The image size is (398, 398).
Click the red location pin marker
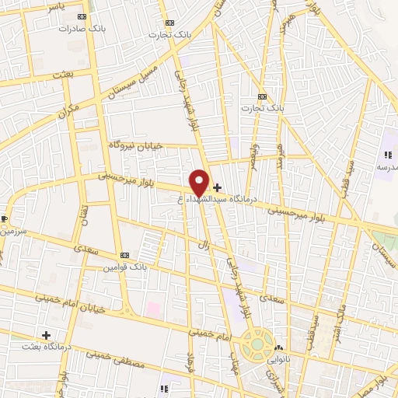[x=199, y=183]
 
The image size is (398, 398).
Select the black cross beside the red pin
[x=217, y=187]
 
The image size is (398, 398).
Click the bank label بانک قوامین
[x=125, y=267]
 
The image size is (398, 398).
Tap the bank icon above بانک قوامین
[x=125, y=255]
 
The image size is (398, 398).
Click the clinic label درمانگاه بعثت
[x=46, y=347]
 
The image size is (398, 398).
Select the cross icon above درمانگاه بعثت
[x=47, y=335]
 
